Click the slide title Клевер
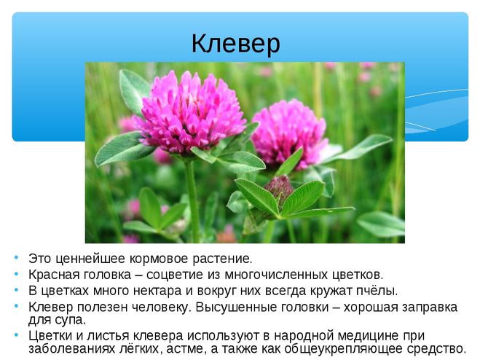[x=235, y=44]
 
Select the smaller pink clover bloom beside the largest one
[x=288, y=133]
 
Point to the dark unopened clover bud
[x=278, y=187]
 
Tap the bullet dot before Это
[x=16, y=257]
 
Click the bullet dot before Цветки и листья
[x=16, y=334]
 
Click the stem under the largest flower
[x=192, y=199]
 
